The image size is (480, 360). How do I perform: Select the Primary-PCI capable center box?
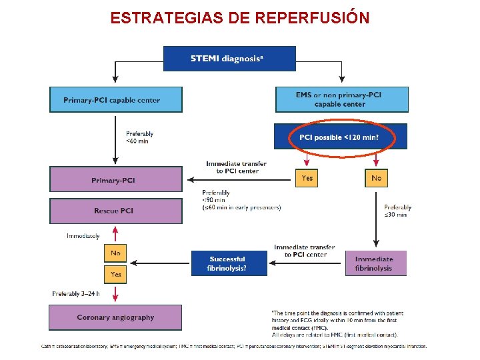pos(115,100)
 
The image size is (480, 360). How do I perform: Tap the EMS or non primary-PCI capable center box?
pos(341,99)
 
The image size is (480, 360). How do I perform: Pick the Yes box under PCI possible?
pos(307,178)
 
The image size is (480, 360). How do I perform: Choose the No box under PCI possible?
pos(377,178)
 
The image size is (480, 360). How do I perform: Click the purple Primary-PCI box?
pos(115,180)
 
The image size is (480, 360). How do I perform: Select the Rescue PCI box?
pos(115,211)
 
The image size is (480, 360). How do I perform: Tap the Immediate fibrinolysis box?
pos(375,263)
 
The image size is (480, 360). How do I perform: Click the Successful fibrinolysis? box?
pos(229,263)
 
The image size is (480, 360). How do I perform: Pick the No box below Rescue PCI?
pos(115,253)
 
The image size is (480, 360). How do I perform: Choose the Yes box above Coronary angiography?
pos(115,274)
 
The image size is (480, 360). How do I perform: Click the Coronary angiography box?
pos(115,317)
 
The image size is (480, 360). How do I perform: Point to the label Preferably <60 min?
pos(139,137)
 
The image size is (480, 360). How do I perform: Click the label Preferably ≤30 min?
pos(397,211)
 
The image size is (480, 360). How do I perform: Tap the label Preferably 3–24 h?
pos(76,294)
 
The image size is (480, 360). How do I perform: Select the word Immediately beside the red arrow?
pos(83,236)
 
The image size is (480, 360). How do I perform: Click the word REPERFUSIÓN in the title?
pos(311,17)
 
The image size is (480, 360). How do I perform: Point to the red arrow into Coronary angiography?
pos(116,293)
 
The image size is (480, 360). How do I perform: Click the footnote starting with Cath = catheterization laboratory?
pos(233,347)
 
